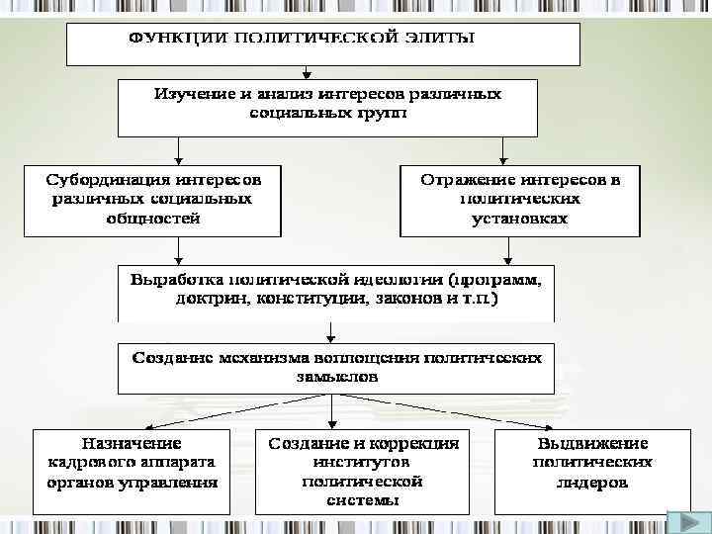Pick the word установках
tap(520, 219)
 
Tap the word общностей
tap(151, 219)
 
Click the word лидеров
tap(592, 484)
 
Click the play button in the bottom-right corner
tap(682, 521)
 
